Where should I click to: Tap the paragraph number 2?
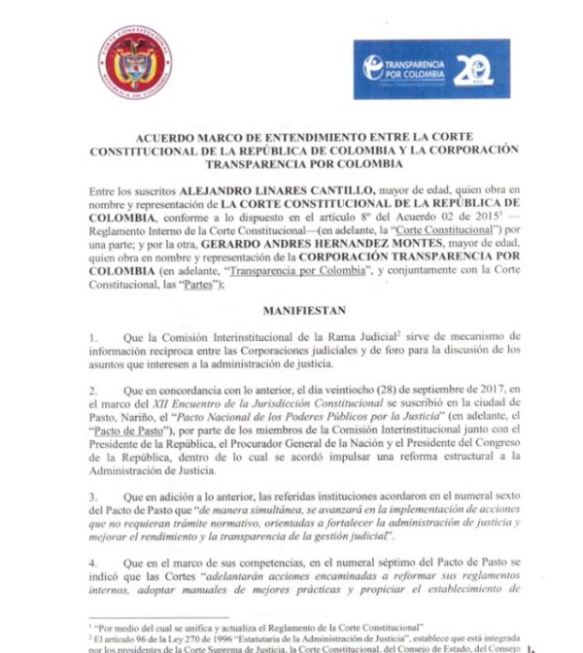pos(92,387)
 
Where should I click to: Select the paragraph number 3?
pos(92,496)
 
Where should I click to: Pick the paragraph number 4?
pos(92,563)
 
